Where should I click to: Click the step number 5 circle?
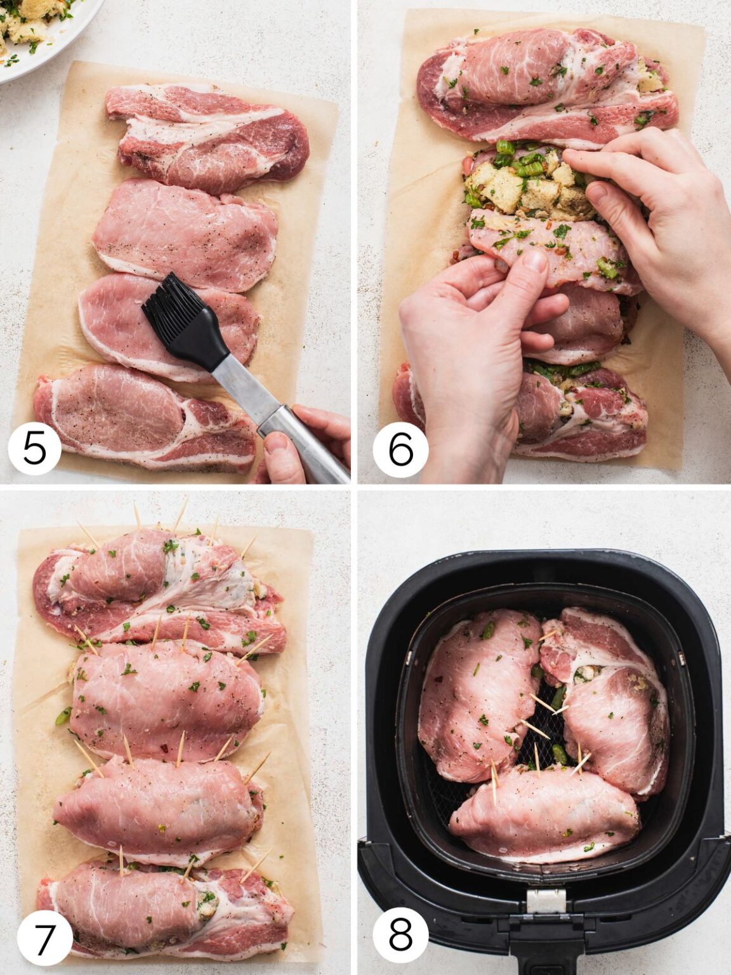coord(34,448)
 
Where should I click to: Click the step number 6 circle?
coord(400,449)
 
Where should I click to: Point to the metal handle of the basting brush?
coord(279,413)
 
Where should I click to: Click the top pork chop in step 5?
coord(209,136)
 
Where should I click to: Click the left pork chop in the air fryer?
coord(476,692)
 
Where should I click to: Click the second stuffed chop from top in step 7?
coord(165,698)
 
